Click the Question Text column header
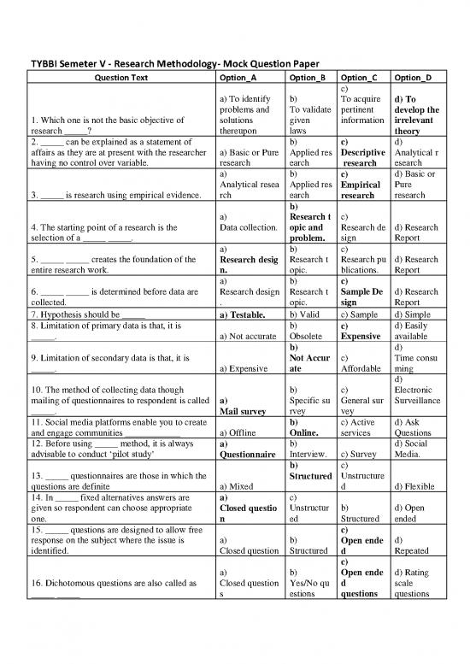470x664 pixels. tap(120, 78)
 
